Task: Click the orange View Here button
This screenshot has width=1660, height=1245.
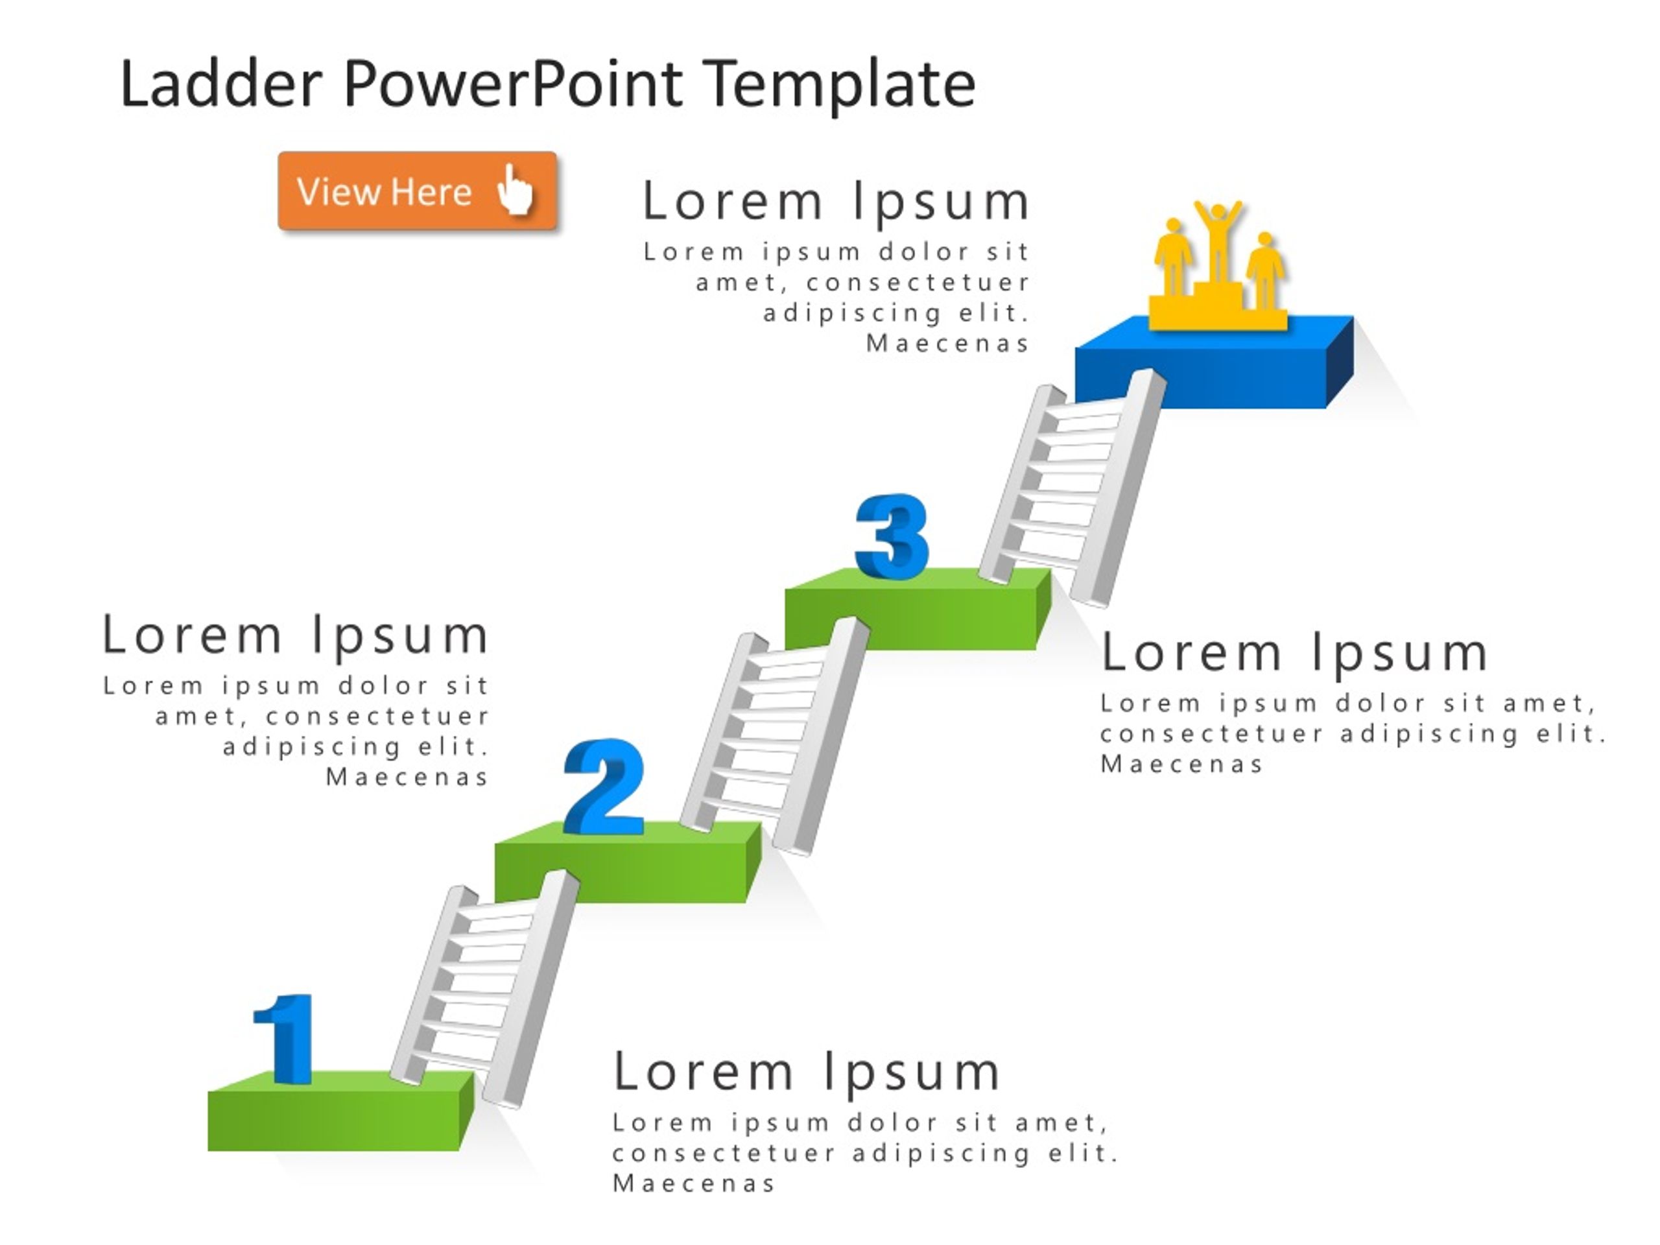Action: coord(417,191)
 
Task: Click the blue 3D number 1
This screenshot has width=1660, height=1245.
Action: coord(285,1039)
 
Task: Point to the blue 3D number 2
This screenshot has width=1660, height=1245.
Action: coord(604,787)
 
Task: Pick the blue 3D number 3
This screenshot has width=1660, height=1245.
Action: coord(892,536)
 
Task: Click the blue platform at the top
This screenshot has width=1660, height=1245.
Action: coord(1215,362)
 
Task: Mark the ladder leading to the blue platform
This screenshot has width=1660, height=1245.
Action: coord(1073,488)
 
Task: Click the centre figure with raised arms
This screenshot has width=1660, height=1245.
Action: coord(1218,240)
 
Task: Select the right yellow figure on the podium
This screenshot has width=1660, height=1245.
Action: coord(1265,270)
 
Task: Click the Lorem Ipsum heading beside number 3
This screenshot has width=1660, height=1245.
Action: coord(1294,653)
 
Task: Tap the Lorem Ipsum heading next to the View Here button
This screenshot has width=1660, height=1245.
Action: coord(836,202)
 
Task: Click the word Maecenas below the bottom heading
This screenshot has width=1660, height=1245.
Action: coord(693,1183)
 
